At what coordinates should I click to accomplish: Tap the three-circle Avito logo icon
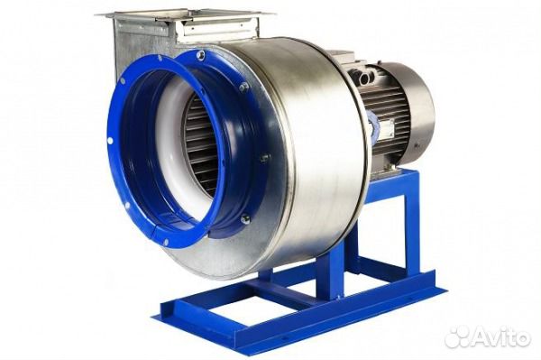(x=456, y=337)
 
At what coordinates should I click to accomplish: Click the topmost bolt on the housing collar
(x=200, y=54)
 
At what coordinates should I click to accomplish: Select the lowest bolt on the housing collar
(x=245, y=218)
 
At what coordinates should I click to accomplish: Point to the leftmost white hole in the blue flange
(x=110, y=141)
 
